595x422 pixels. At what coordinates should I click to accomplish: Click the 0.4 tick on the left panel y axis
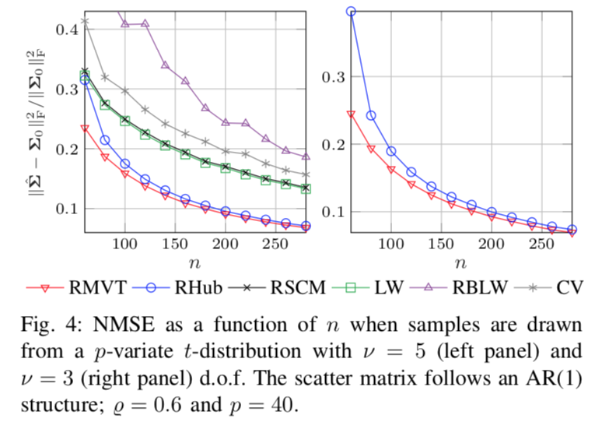click(65, 29)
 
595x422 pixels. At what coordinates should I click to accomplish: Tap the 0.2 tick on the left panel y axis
click(65, 149)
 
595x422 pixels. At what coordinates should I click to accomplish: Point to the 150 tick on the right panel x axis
click(441, 244)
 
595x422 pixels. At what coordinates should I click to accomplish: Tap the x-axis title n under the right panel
click(462, 263)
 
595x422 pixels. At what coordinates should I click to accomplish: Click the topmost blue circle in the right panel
click(351, 12)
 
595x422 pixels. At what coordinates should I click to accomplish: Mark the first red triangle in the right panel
click(351, 114)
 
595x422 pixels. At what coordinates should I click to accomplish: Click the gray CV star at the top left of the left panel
click(85, 21)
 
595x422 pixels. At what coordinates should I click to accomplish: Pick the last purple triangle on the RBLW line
click(306, 156)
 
